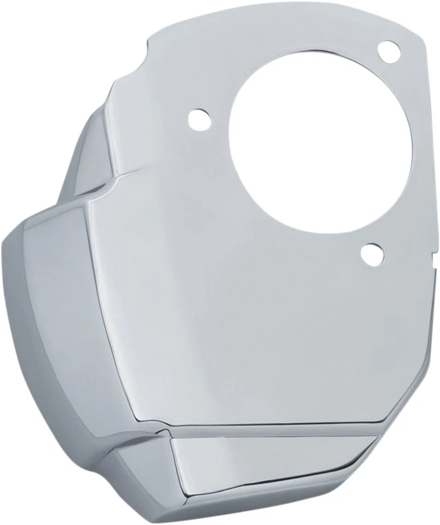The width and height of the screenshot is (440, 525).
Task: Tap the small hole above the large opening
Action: (x=389, y=51)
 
